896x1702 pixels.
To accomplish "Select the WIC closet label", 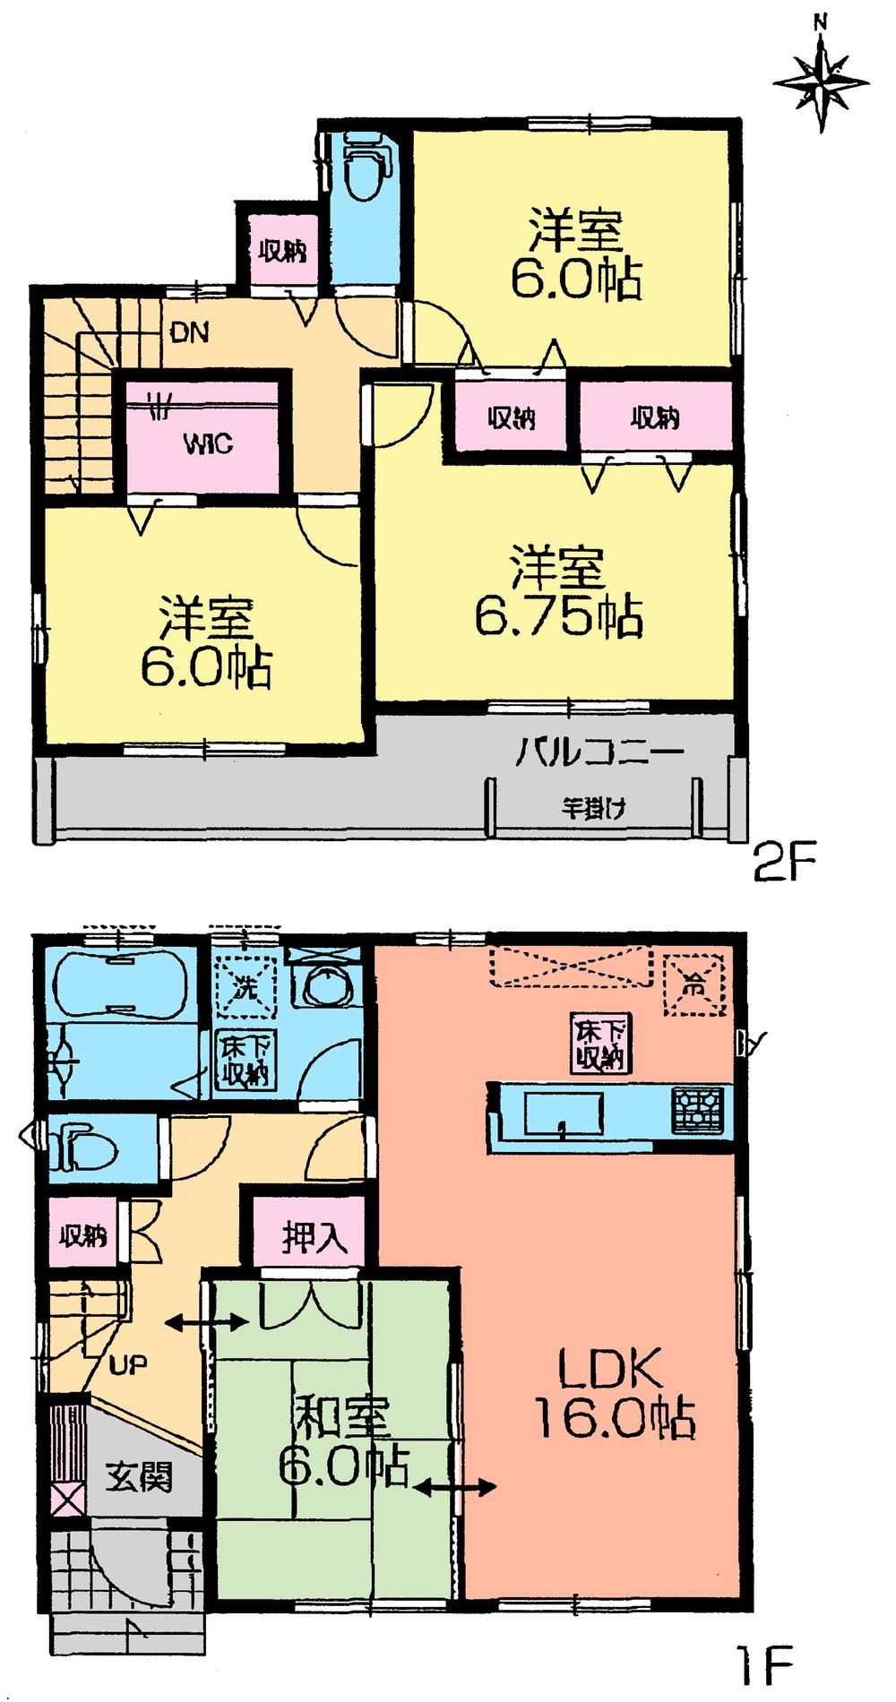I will click(x=208, y=443).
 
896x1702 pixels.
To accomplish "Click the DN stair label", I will click(x=189, y=333).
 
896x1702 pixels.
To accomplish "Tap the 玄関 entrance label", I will click(x=139, y=1476).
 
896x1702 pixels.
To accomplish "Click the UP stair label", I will click(x=128, y=1364).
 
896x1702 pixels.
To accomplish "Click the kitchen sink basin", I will click(x=563, y=1113).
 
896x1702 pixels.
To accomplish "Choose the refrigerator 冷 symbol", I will click(x=693, y=984).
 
